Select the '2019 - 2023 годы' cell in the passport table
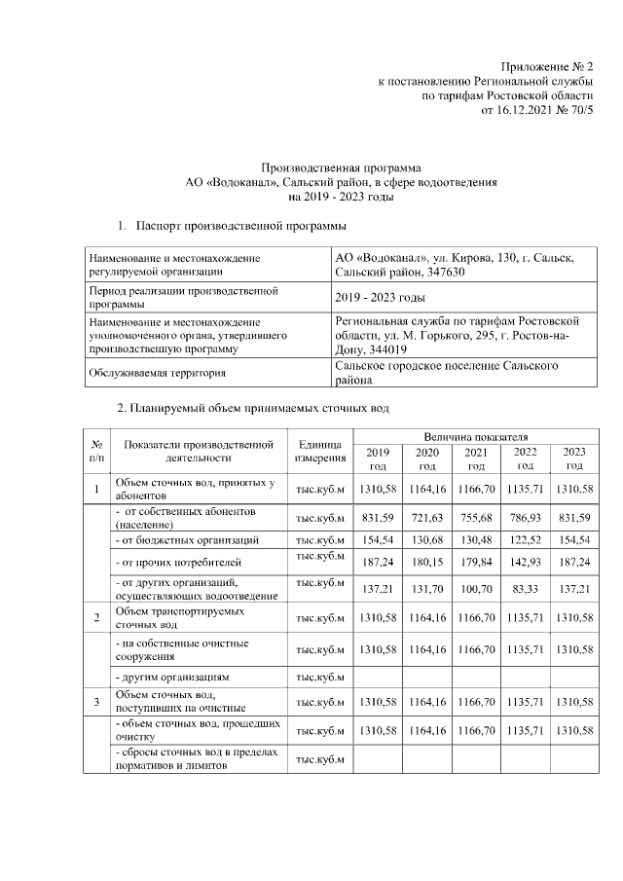[379, 297]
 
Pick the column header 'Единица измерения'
[320, 450]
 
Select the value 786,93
[525, 517]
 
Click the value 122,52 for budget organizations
[525, 538]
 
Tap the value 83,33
[525, 590]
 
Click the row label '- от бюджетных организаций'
[188, 538]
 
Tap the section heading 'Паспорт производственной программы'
[241, 226]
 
